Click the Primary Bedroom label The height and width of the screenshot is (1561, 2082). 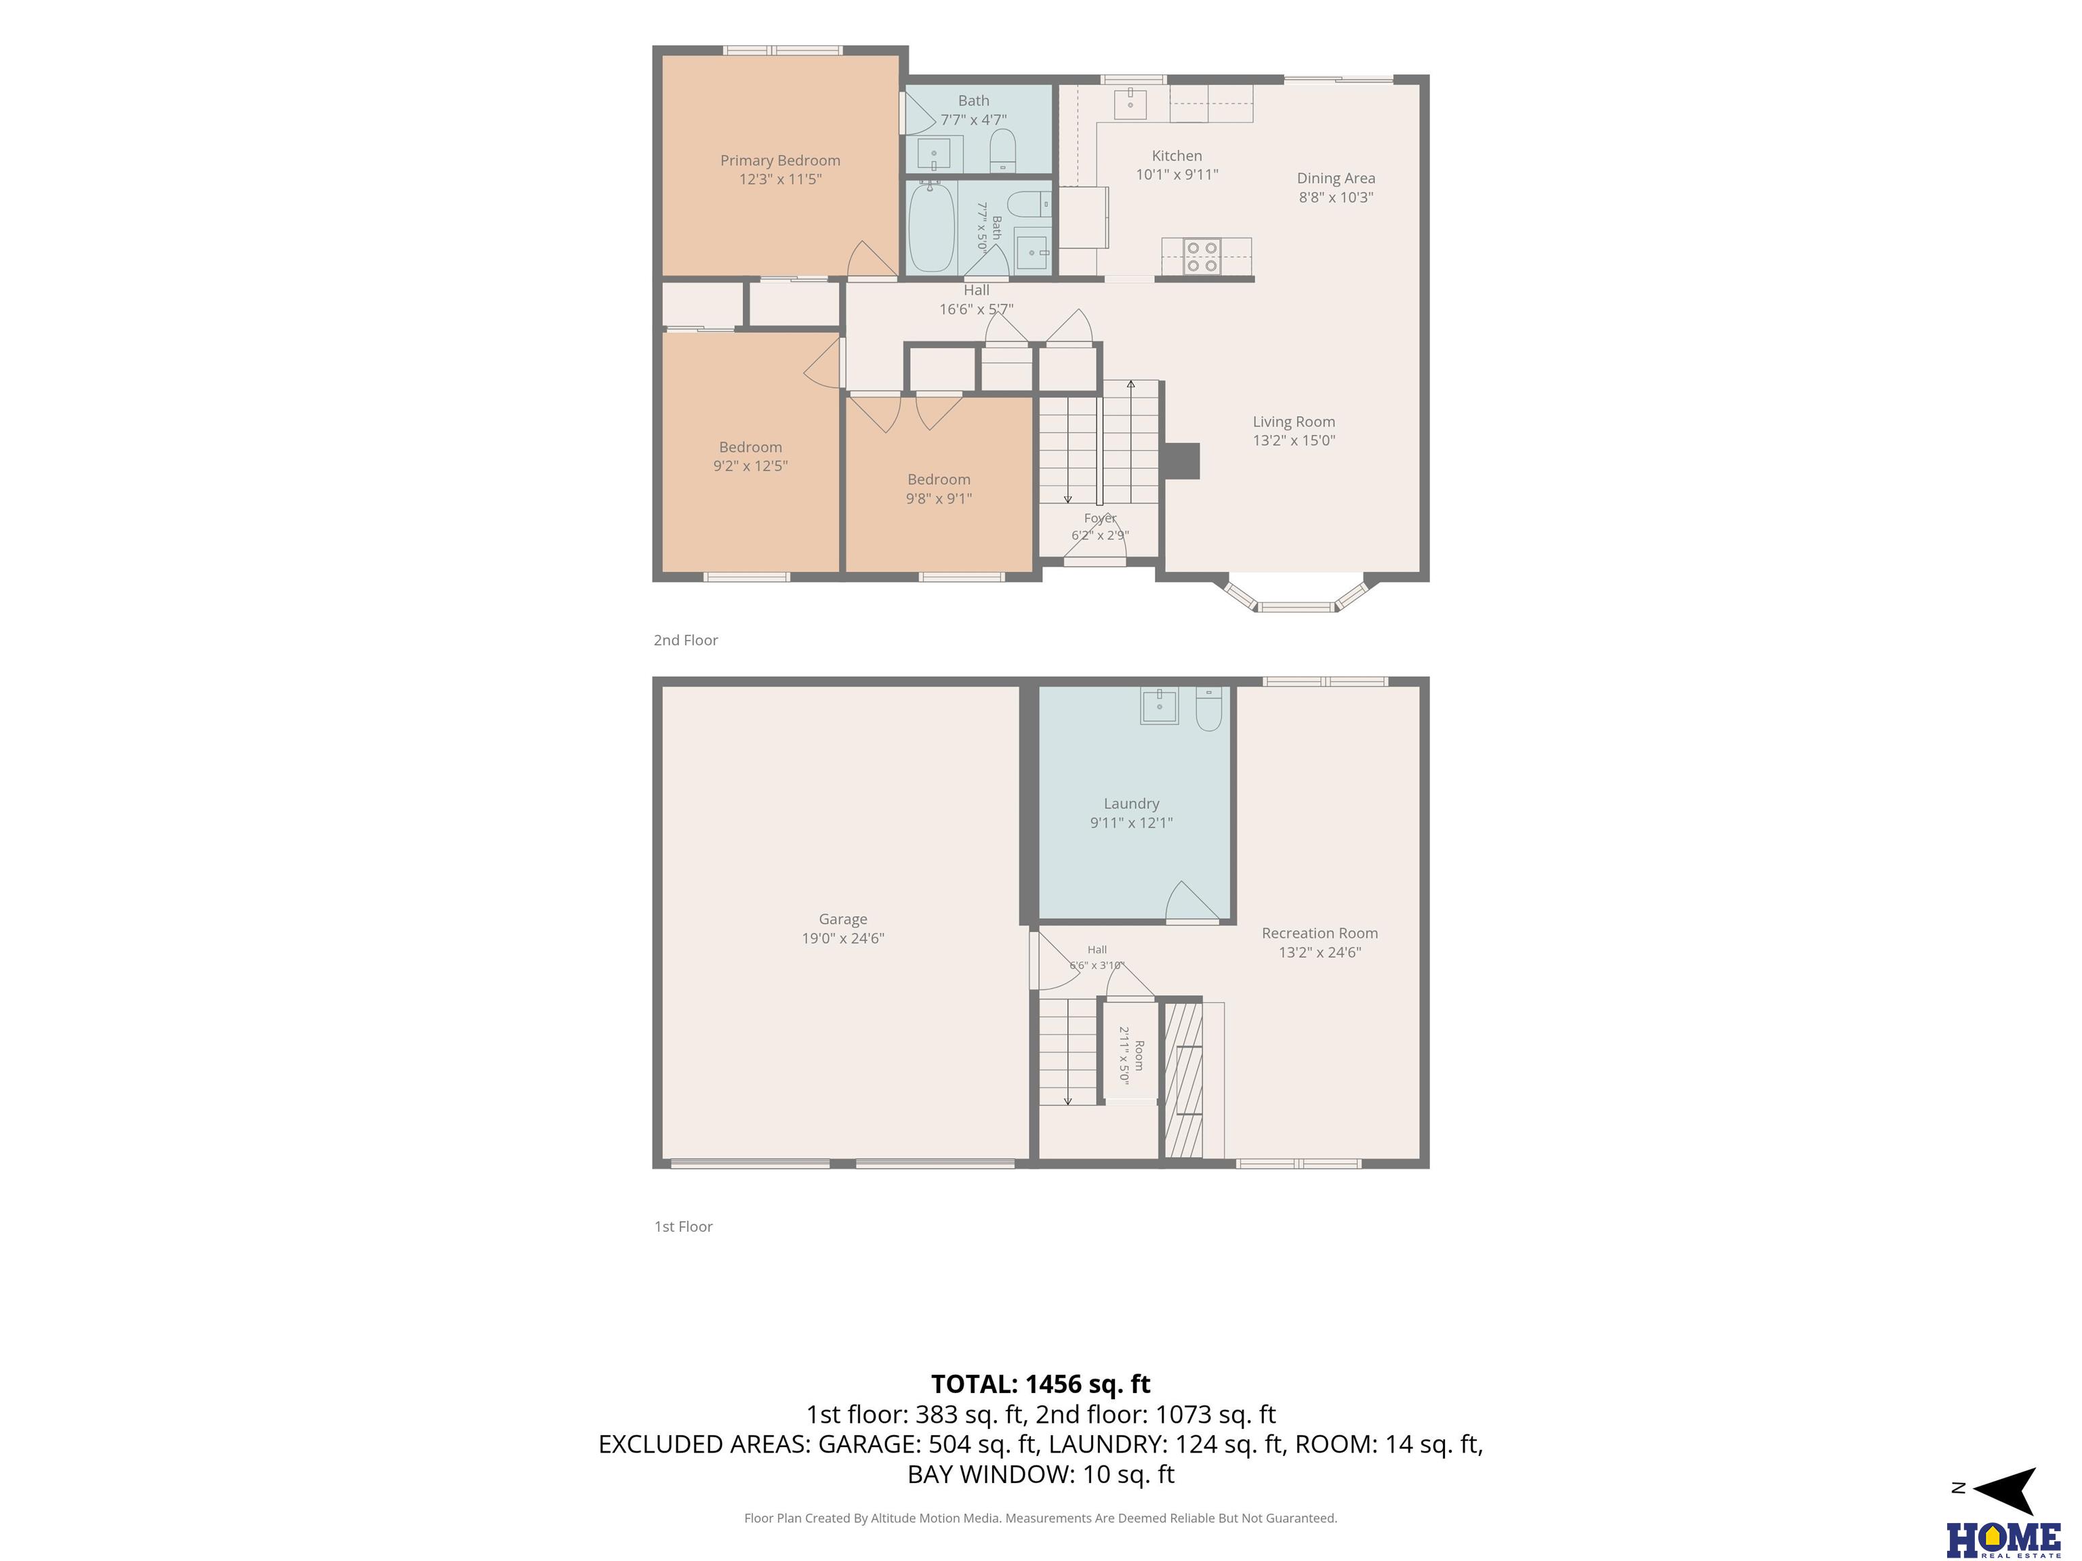[780, 161]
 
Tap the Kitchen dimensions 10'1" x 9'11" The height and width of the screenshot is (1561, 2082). [1177, 174]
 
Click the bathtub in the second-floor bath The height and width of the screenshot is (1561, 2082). [931, 228]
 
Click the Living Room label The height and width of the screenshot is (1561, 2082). [1293, 421]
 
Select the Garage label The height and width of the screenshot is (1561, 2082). [842, 919]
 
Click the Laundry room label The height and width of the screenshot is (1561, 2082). [1131, 804]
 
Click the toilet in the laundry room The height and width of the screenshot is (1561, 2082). [1208, 709]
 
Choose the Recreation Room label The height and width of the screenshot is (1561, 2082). [1320, 934]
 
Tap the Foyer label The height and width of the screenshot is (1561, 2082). [1100, 518]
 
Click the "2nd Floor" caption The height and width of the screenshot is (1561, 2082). [686, 640]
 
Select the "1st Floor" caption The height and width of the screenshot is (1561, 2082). [683, 1226]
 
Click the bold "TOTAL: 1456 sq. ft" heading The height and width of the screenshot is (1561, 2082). [1041, 1384]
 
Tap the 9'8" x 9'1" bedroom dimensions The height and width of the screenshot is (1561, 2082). [939, 499]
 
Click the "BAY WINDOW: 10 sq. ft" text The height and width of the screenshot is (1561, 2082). [1041, 1474]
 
